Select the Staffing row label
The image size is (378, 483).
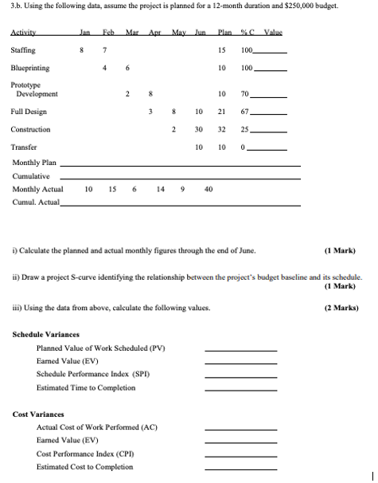(23, 51)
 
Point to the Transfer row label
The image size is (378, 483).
(23, 147)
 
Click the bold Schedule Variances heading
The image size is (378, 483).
(46, 334)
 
